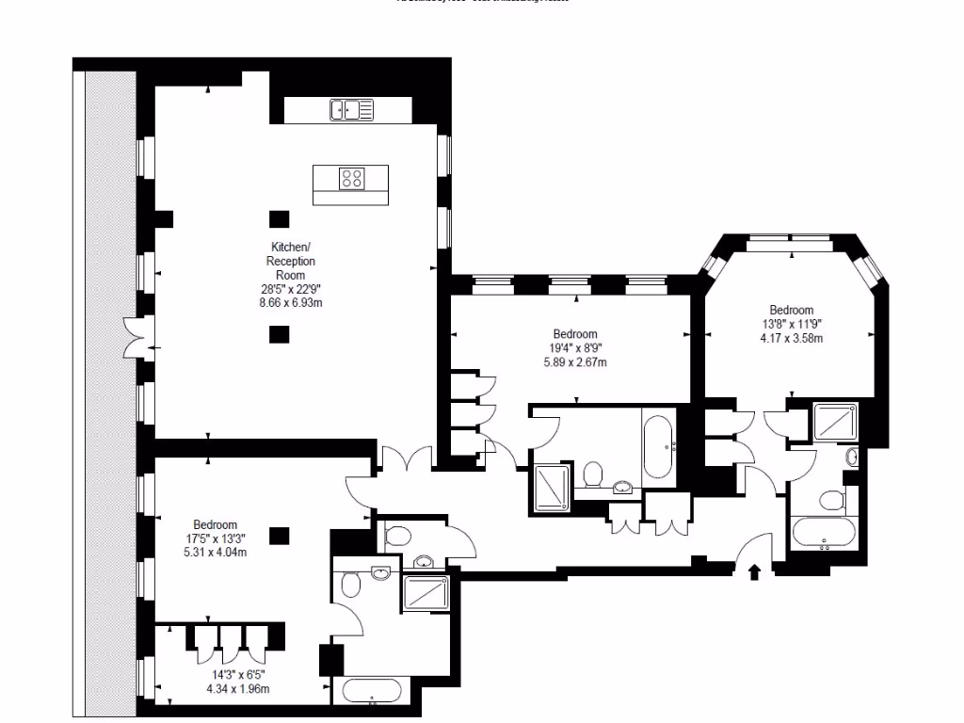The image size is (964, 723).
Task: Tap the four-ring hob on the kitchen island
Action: [353, 178]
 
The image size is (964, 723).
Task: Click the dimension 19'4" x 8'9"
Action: [574, 348]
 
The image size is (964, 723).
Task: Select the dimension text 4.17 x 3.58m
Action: [791, 339]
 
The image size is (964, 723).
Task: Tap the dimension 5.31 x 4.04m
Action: [215, 553]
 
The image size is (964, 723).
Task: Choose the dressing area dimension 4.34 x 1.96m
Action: [237, 689]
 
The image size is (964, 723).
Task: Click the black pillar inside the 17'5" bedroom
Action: [278, 536]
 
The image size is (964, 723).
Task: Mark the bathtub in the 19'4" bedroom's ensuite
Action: [657, 445]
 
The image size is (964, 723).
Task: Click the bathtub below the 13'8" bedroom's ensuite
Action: [824, 533]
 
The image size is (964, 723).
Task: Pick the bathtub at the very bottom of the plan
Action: [372, 690]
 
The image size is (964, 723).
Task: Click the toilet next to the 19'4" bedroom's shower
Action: [592, 473]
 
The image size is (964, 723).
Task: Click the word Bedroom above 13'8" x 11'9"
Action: [791, 310]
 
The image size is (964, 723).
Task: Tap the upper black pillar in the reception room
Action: [278, 218]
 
